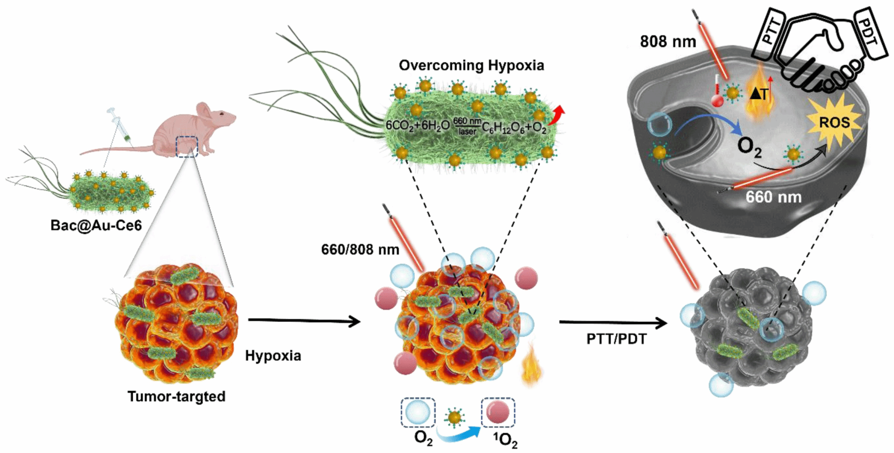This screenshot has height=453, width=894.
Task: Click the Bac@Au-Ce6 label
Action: pyautogui.click(x=96, y=225)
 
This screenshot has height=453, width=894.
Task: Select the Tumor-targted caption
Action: pyautogui.click(x=176, y=397)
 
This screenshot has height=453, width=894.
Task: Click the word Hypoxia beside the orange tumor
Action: pyautogui.click(x=273, y=356)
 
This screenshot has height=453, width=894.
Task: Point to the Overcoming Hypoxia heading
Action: pyautogui.click(x=471, y=66)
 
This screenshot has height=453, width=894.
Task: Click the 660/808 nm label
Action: pyautogui.click(x=360, y=249)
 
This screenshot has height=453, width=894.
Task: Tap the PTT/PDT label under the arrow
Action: pyautogui.click(x=616, y=339)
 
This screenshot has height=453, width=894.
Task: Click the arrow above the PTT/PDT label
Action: pyautogui.click(x=613, y=323)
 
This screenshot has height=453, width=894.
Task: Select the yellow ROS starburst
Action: pyautogui.click(x=834, y=123)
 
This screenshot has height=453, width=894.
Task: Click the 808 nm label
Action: pyautogui.click(x=668, y=41)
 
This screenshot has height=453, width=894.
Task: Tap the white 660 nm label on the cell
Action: pyautogui.click(x=773, y=197)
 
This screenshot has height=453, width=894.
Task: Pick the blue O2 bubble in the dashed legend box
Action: pyautogui.click(x=418, y=412)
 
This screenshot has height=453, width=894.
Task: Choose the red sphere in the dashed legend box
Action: pyautogui.click(x=498, y=412)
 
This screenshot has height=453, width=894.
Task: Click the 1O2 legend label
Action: pyautogui.click(x=505, y=439)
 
